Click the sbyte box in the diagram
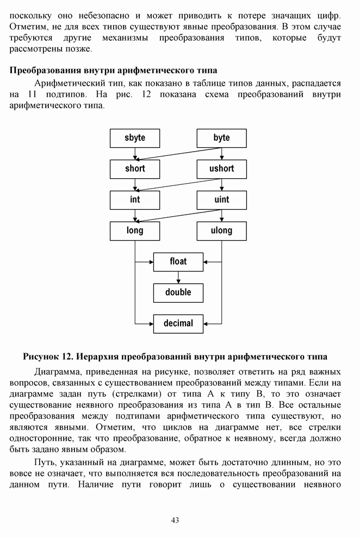(x=135, y=138)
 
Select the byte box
(x=221, y=138)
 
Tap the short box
(x=135, y=169)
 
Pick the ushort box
(x=221, y=169)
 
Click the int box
(x=135, y=200)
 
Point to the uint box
(x=221, y=200)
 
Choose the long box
(x=135, y=231)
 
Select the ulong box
(x=221, y=231)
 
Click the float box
(x=178, y=262)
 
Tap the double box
(x=178, y=292)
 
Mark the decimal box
(x=178, y=323)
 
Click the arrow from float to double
(x=178, y=277)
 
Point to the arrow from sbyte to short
(x=135, y=153)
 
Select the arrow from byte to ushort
(x=221, y=153)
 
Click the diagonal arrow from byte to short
(x=178, y=154)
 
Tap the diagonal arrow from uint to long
(x=178, y=216)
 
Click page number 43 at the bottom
(x=175, y=521)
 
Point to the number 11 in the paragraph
(x=32, y=94)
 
